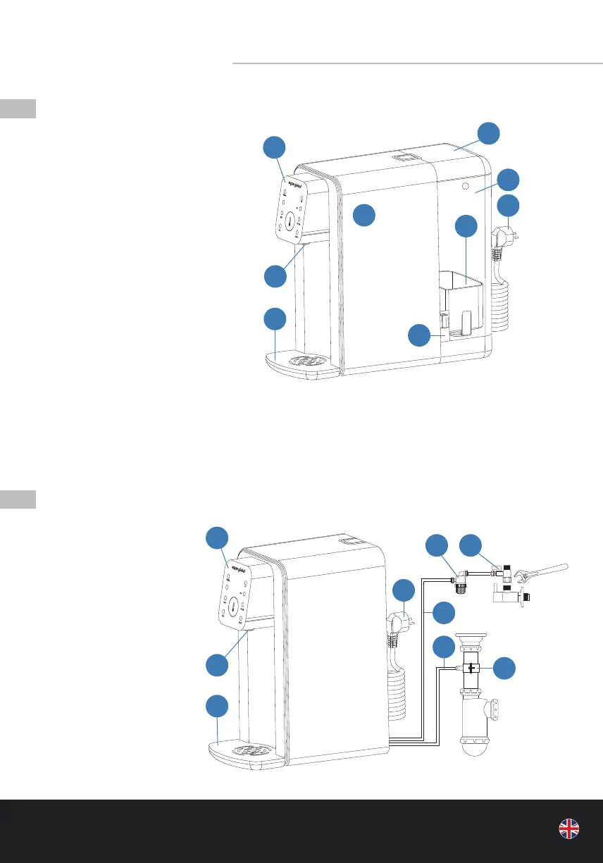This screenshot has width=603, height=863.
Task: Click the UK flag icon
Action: click(569, 829)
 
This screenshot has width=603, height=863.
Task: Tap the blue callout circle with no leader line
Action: click(363, 216)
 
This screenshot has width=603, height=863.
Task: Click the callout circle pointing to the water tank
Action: click(466, 226)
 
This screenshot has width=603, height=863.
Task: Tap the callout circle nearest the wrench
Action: click(471, 546)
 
